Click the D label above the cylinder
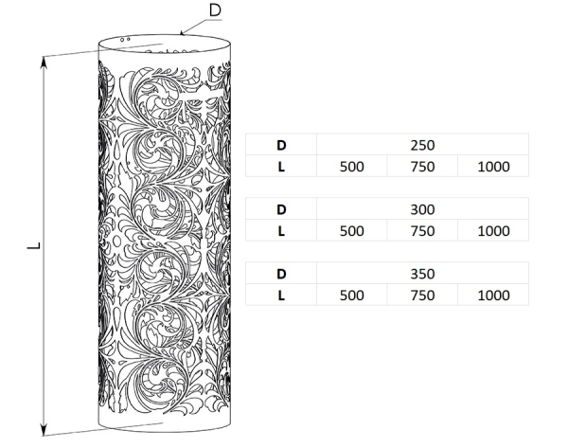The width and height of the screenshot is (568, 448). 215,10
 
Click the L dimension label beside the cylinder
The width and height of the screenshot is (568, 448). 34,245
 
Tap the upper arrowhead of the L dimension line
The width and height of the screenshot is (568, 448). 44,62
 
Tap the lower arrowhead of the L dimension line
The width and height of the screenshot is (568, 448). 44,430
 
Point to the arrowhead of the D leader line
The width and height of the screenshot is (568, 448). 182,33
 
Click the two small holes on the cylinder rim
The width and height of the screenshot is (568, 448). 125,39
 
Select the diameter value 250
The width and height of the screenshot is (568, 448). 422,145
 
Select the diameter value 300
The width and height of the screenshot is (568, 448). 422,209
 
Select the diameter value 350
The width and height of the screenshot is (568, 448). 422,274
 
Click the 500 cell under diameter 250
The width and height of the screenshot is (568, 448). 352,167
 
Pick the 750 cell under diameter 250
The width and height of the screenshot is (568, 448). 422,167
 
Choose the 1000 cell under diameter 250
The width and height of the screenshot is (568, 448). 493,167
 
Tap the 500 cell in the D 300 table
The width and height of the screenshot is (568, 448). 352,231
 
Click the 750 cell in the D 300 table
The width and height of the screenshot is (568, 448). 422,231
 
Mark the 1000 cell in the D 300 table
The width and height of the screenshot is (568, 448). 493,231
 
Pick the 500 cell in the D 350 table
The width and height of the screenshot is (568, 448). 352,296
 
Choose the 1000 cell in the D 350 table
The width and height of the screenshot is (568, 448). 493,296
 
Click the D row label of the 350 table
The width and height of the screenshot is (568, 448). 281,274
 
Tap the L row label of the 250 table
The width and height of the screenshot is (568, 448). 281,167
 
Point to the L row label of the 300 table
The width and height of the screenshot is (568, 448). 281,231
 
